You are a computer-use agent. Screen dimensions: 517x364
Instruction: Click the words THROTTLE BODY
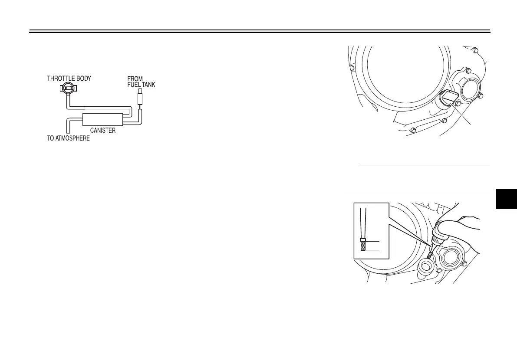point(69,79)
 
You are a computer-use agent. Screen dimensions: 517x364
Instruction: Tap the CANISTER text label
point(102,130)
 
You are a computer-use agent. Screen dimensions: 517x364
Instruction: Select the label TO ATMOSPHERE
point(68,140)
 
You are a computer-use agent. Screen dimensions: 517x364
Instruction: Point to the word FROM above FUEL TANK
point(135,79)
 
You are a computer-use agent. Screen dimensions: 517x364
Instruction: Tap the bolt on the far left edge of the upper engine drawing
point(352,68)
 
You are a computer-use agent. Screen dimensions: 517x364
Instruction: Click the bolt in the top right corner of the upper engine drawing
point(477,49)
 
